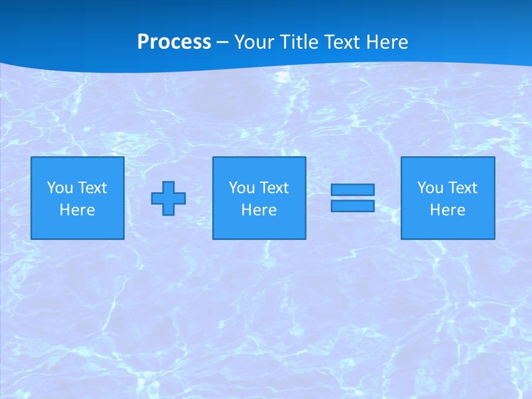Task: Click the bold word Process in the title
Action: coord(174,42)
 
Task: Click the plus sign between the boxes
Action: coord(168,198)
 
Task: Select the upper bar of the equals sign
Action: coord(352,190)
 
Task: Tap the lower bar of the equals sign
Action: coord(352,206)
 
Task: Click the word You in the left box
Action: coord(60,188)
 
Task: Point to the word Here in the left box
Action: coord(77,210)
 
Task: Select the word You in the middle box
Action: coord(242,188)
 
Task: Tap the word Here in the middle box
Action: coord(259,210)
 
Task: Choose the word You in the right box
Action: coord(430,188)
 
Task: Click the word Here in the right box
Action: coord(447,210)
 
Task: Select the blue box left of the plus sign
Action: coord(78,227)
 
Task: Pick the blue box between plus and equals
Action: coord(259,227)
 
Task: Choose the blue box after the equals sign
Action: coord(448,227)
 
